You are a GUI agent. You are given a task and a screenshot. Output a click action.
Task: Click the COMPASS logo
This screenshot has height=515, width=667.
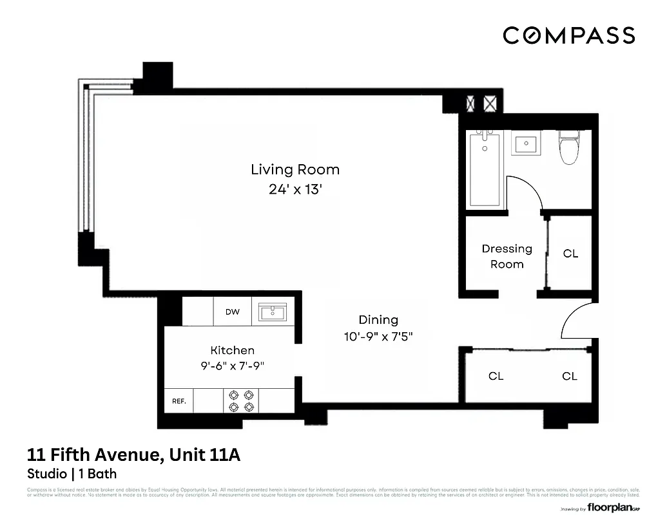click(x=568, y=35)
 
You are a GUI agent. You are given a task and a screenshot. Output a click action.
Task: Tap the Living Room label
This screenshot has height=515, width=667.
click(x=295, y=170)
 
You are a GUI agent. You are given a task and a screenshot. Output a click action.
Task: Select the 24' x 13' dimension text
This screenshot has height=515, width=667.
click(x=295, y=190)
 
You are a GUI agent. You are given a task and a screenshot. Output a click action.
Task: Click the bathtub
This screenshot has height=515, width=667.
click(x=485, y=169)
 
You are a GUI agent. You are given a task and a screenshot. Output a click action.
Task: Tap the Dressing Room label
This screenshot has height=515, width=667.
click(x=507, y=256)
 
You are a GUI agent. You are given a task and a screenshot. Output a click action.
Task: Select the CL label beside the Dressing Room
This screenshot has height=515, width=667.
click(x=570, y=254)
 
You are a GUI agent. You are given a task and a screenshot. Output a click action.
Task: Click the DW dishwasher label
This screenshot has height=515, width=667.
click(x=233, y=312)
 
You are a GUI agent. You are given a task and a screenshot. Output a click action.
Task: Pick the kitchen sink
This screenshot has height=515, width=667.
click(x=276, y=313)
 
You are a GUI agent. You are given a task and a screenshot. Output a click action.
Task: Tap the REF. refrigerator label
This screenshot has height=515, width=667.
click(x=179, y=401)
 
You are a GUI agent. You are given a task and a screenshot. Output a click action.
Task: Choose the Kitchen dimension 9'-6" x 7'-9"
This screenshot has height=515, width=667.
click(x=233, y=365)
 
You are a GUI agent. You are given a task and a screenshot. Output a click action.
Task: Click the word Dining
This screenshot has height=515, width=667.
click(x=378, y=320)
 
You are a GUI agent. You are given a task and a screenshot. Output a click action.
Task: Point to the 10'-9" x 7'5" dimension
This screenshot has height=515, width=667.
click(x=378, y=337)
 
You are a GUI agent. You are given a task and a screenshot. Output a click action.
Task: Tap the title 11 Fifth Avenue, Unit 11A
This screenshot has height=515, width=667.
click(x=133, y=455)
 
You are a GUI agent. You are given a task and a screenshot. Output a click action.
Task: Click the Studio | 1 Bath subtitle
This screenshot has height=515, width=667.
click(x=72, y=474)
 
